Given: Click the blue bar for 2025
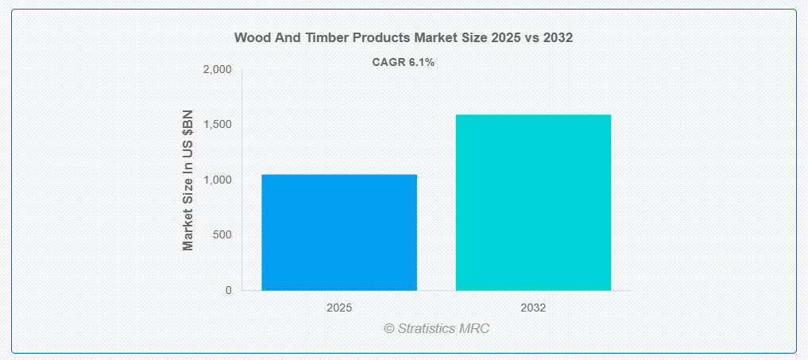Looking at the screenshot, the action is point(339,232).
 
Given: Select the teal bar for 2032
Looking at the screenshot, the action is point(533,202).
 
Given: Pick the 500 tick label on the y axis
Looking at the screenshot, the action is point(222,235).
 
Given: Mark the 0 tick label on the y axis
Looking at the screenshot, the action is point(228,290).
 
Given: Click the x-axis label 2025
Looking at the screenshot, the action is point(339,308).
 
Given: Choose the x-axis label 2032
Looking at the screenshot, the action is point(533,308).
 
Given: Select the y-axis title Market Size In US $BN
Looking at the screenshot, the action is point(188,180).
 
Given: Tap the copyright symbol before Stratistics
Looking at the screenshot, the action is point(389,328).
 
